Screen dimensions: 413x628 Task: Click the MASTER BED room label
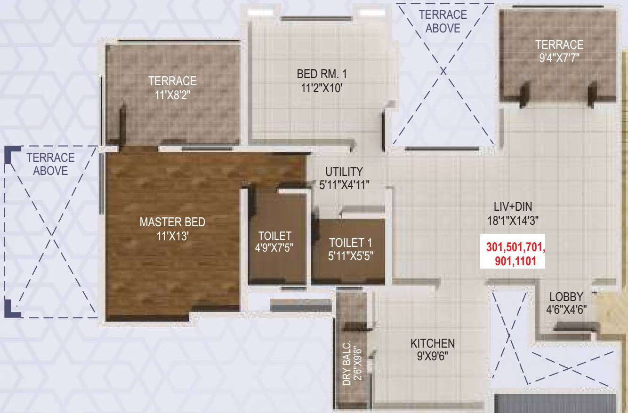(173, 222)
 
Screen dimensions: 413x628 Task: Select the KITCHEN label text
(432, 343)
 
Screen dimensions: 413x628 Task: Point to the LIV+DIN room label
(513, 206)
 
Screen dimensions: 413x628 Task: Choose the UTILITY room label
(344, 172)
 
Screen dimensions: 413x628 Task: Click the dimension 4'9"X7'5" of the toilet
(275, 248)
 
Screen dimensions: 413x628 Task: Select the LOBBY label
(566, 297)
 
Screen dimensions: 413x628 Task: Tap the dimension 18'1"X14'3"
(513, 220)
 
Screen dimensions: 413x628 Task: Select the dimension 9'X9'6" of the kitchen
(432, 356)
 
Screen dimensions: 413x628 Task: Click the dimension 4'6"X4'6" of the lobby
(566, 310)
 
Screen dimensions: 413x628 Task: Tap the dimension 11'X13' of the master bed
(173, 235)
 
